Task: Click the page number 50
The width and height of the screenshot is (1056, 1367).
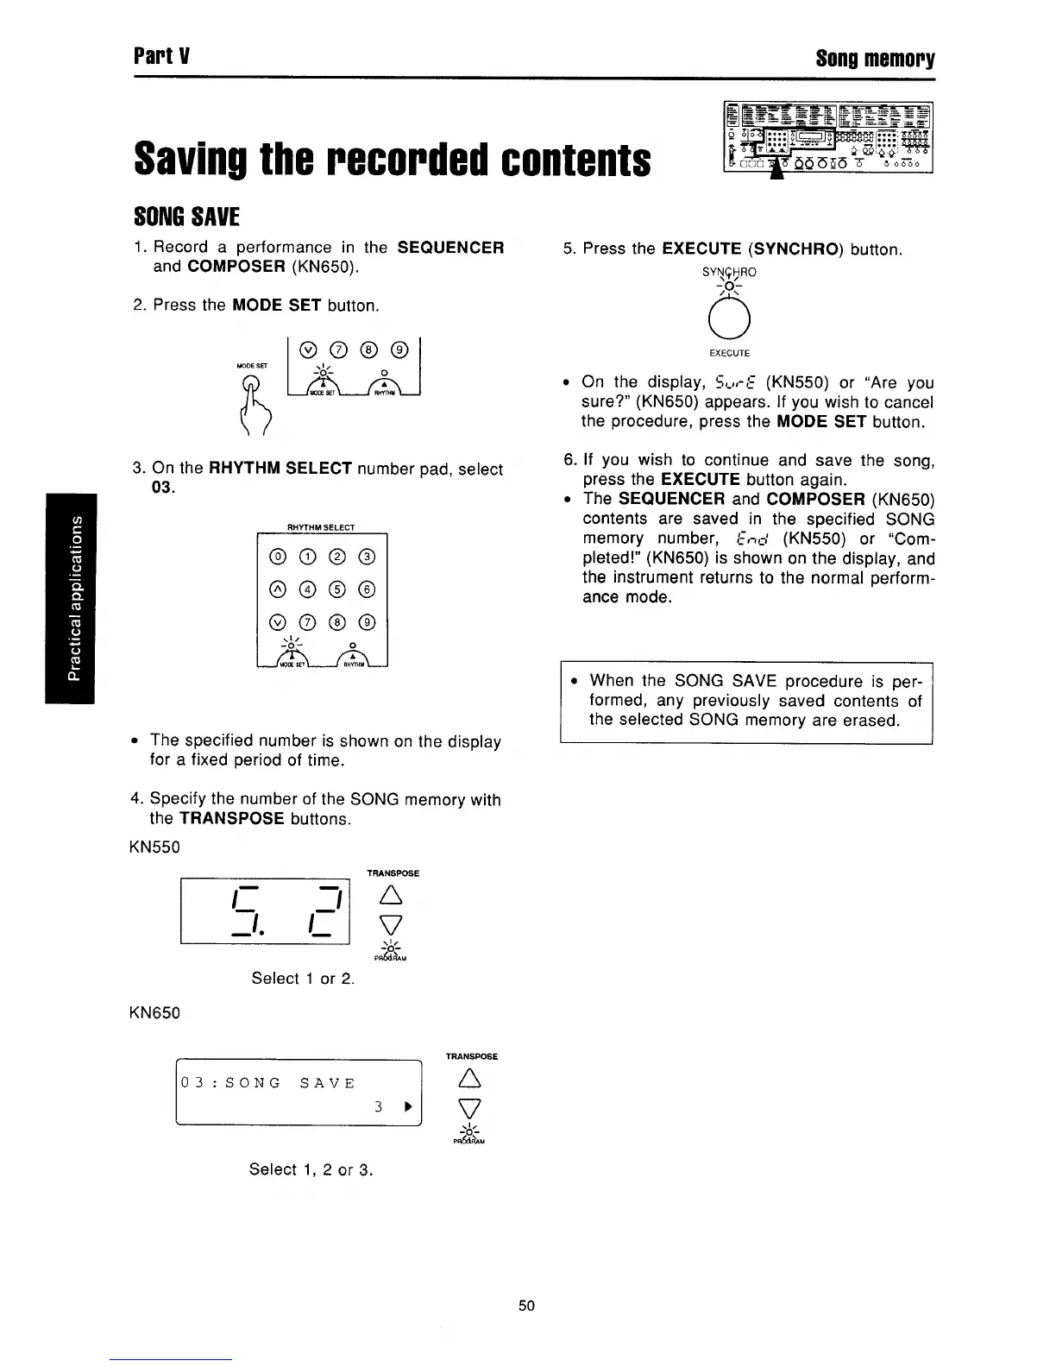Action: point(526,1306)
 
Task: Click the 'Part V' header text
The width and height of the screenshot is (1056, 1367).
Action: point(161,59)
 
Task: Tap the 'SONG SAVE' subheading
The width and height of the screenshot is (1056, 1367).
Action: point(186,216)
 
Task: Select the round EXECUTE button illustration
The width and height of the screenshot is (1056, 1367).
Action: point(730,324)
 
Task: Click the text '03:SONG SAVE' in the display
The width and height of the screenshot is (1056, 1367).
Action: point(267,1083)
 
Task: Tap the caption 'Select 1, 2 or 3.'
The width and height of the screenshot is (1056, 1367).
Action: point(311,1169)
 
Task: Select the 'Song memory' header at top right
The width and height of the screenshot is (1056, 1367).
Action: point(875,59)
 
